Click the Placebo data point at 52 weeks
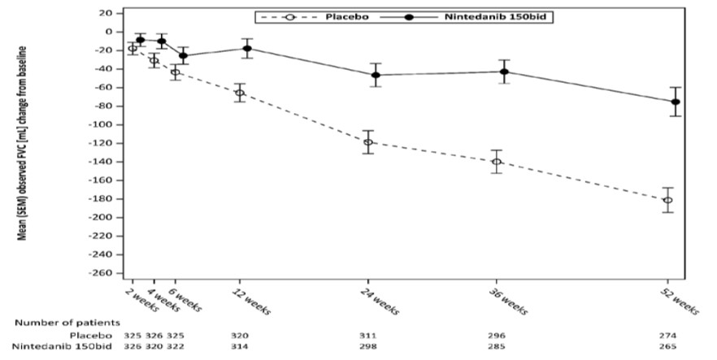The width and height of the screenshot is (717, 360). tap(667, 200)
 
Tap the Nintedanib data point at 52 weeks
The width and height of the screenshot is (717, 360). tap(676, 102)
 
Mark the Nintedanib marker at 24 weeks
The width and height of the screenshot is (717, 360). tap(376, 75)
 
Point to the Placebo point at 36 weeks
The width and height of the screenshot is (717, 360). tap(496, 162)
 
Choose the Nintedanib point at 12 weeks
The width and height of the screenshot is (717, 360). tap(247, 49)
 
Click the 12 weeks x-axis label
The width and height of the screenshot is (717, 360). tap(252, 299)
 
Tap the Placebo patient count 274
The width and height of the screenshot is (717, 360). tap(669, 335)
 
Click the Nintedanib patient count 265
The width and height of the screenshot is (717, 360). tap(669, 347)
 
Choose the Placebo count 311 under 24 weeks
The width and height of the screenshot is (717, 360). tap(371, 335)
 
